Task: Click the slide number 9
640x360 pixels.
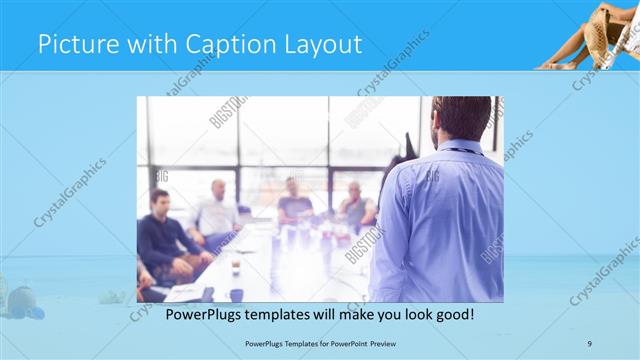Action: tap(589, 343)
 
